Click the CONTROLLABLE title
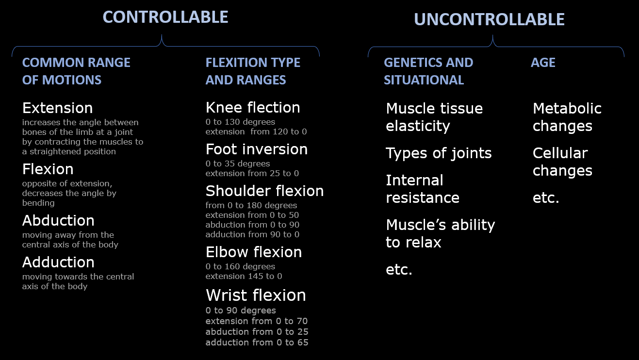pyautogui.click(x=165, y=17)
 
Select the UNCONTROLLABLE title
pyautogui.click(x=489, y=19)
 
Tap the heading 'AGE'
pyautogui.click(x=543, y=63)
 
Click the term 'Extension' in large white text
pyautogui.click(x=57, y=108)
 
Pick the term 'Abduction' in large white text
pyautogui.click(x=58, y=220)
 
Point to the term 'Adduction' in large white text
pyautogui.click(x=58, y=262)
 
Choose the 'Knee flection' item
pyautogui.click(x=253, y=107)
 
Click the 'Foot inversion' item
pyautogui.click(x=256, y=149)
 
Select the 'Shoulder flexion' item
pyautogui.click(x=264, y=191)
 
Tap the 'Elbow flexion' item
pyautogui.click(x=253, y=252)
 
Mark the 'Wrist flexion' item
pyautogui.click(x=256, y=295)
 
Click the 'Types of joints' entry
pyautogui.click(x=439, y=153)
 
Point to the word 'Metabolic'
pyautogui.click(x=567, y=108)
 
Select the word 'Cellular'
pyautogui.click(x=560, y=153)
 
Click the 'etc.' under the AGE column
pyautogui.click(x=546, y=198)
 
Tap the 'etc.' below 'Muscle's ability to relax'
pyautogui.click(x=399, y=270)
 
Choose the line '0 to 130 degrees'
pyautogui.click(x=240, y=122)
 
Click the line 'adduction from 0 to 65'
pyautogui.click(x=257, y=343)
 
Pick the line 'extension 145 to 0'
pyautogui.click(x=244, y=276)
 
